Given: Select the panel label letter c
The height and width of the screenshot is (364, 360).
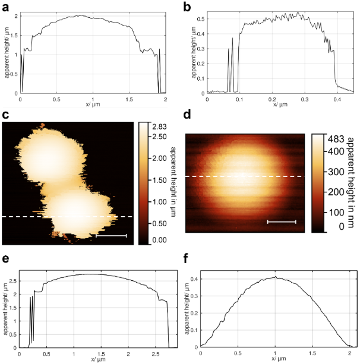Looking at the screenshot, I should click(x=5, y=115).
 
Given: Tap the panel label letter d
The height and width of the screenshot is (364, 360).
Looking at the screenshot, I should click(x=188, y=115).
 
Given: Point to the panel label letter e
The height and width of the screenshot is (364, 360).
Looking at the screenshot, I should click(x=5, y=259).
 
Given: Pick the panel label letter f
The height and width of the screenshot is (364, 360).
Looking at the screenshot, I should click(x=188, y=259).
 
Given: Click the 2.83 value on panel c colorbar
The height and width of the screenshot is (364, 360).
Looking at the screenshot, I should click(x=159, y=126).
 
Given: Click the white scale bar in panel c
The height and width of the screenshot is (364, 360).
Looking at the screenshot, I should click(x=111, y=236).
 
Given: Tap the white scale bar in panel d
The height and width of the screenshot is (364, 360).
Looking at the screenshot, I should click(x=282, y=222).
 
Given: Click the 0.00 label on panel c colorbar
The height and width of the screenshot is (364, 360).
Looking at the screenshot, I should click(x=159, y=240).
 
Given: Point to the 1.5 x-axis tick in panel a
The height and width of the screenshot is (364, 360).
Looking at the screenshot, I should click(x=130, y=99).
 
